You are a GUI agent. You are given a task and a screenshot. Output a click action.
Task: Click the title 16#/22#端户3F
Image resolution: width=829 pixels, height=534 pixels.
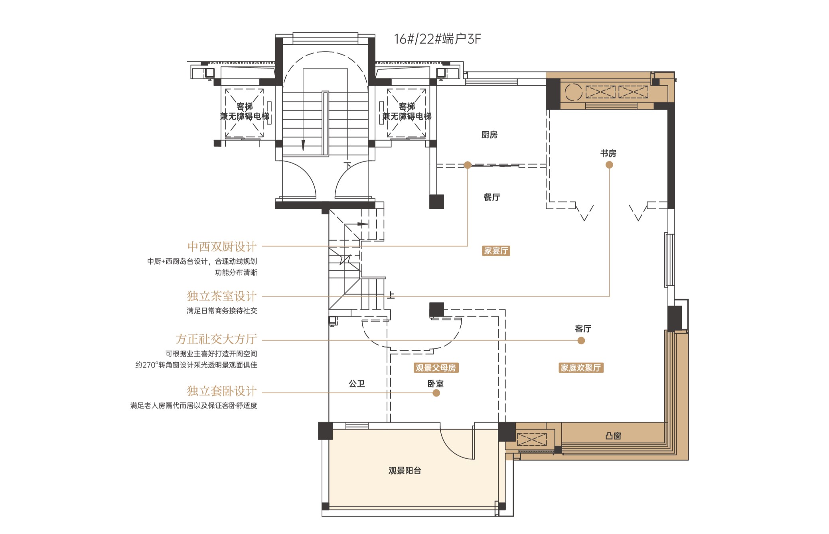point(438,39)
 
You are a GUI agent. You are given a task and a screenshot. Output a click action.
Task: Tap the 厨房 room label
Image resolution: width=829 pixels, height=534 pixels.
point(490,135)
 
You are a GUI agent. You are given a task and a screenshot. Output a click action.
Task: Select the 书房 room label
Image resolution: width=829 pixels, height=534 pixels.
point(608,153)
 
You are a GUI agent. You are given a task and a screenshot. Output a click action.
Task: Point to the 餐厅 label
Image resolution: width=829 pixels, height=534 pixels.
point(491,197)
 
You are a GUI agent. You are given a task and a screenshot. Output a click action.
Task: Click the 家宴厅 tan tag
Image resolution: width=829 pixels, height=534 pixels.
point(496,251)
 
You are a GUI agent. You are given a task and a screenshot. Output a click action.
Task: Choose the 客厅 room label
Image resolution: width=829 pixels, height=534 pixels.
point(583,328)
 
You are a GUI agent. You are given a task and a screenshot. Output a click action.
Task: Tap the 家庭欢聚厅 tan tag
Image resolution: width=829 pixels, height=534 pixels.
point(581,368)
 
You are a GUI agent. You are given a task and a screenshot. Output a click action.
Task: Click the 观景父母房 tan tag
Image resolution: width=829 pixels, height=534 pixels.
point(436,368)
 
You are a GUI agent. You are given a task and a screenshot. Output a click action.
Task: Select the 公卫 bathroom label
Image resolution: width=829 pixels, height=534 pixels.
point(357,383)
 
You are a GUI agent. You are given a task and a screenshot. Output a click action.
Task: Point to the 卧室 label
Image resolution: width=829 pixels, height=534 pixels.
point(436,383)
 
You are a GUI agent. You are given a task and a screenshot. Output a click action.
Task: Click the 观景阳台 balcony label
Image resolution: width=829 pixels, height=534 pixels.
point(405,471)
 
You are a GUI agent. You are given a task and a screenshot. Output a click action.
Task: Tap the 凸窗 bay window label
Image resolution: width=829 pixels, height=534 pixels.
point(613,436)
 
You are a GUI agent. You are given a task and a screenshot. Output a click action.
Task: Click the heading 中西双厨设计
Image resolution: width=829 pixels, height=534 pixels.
point(222,247)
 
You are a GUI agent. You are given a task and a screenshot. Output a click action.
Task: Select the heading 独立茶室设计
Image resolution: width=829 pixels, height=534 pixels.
point(222,296)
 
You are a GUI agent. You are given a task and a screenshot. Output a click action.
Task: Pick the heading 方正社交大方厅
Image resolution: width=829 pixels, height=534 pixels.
point(216,339)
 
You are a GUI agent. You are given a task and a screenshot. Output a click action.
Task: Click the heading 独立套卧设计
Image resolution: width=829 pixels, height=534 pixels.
point(222,391)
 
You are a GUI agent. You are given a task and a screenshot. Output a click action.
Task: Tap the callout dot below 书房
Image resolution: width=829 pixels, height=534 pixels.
point(609,165)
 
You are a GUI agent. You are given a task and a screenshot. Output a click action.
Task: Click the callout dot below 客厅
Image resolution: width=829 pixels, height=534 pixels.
point(581,340)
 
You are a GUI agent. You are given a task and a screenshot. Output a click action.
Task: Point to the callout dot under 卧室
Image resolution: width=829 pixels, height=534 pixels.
point(436,393)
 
